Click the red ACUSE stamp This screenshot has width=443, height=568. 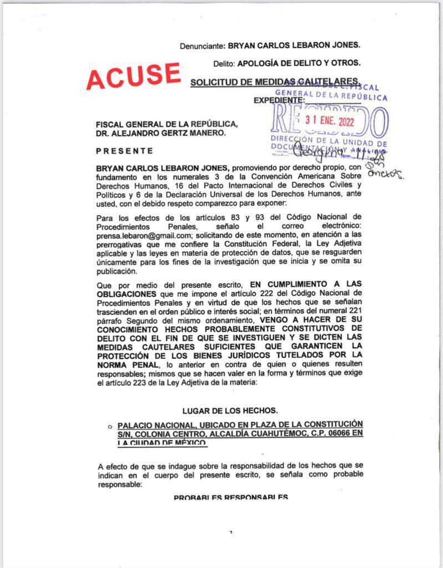click(x=133, y=75)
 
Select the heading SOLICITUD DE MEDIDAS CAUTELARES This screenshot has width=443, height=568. click(x=276, y=82)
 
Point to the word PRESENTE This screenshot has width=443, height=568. click(x=125, y=151)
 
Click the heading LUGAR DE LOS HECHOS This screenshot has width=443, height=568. click(x=230, y=411)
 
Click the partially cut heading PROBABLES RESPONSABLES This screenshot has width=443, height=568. click(x=230, y=497)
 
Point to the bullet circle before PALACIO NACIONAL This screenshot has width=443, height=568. click(x=111, y=425)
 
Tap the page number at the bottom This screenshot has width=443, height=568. click(x=230, y=532)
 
